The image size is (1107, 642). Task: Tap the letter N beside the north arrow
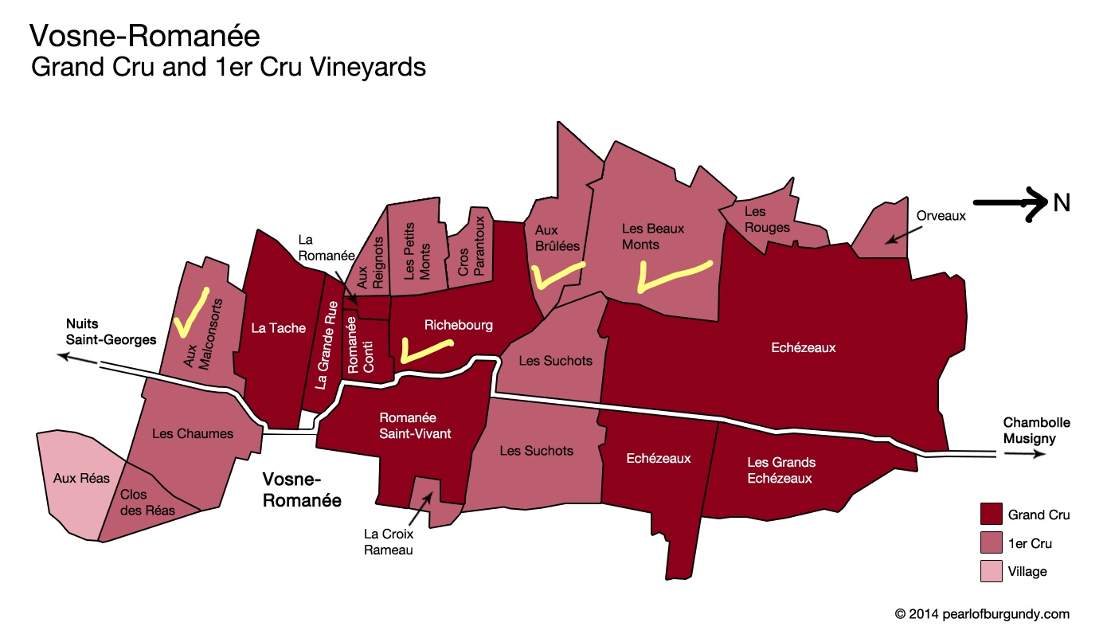1062,204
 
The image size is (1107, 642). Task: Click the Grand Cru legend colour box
990,515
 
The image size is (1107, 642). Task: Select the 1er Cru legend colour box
990,543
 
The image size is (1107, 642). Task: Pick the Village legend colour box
990,571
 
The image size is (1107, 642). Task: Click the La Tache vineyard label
278,328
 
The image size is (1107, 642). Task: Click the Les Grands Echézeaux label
781,470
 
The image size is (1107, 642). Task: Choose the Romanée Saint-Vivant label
408,425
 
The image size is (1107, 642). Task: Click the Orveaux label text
941,215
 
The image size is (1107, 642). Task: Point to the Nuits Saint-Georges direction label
111,331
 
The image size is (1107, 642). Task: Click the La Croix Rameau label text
388,542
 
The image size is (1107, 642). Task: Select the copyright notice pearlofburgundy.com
982,614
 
